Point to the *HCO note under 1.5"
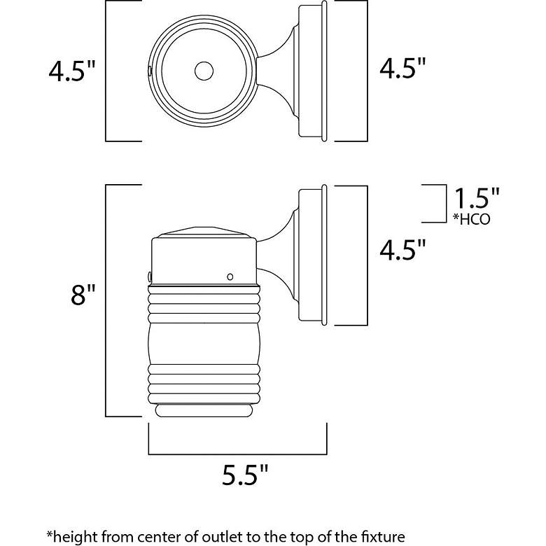pos(471,219)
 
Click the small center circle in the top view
pos(204,71)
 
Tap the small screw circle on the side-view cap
pos(230,277)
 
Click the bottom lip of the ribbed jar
pos(203,410)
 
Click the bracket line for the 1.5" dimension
pos(445,204)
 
